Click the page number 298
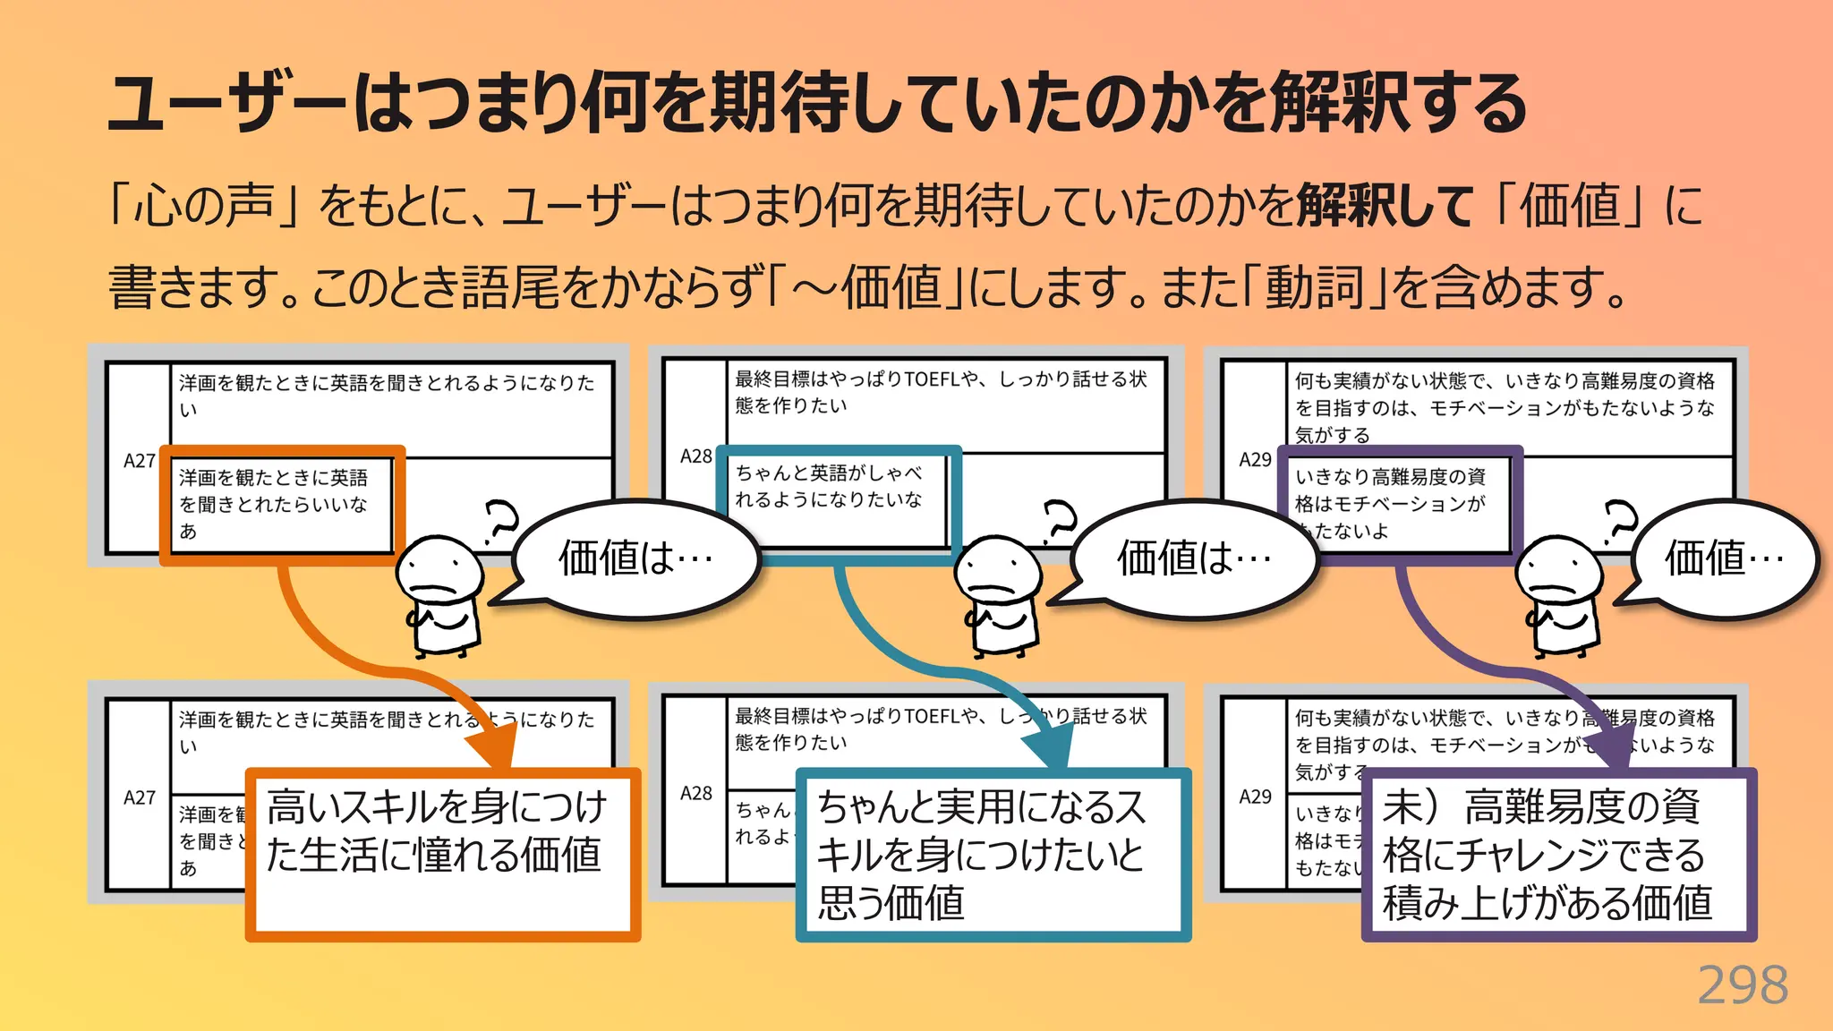[x=1742, y=985]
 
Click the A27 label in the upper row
[x=140, y=461]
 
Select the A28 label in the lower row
[x=696, y=793]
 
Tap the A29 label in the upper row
[x=1255, y=459]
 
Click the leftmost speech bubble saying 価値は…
[x=635, y=558]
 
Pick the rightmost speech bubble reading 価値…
[x=1724, y=558]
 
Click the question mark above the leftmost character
[x=500, y=523]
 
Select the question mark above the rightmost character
[x=1619, y=523]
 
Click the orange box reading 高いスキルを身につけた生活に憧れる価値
[x=443, y=853]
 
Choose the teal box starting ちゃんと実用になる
[x=993, y=853]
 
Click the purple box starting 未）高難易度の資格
[x=1558, y=853]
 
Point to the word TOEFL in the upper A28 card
[x=932, y=379]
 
